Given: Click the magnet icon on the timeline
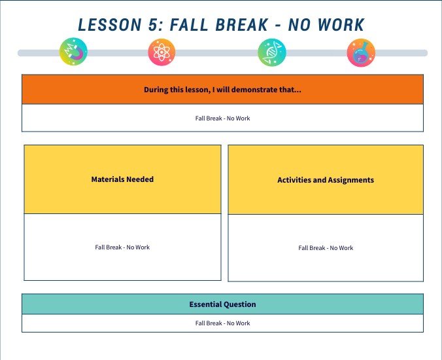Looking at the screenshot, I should tap(73, 52).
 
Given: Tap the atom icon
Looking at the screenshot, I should tap(162, 52).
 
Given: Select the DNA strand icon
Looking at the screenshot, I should tap(271, 52).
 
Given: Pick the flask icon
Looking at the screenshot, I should tap(361, 52).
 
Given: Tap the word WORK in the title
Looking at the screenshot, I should tap(341, 25).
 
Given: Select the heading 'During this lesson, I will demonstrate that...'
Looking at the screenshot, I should tap(222, 90).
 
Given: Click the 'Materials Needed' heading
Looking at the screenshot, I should tap(122, 179).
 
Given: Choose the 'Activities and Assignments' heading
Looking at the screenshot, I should tap(326, 180).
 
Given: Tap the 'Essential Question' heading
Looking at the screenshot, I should tap(222, 304).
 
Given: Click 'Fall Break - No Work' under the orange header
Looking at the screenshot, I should tap(222, 118).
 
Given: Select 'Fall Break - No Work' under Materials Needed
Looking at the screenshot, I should tap(122, 247).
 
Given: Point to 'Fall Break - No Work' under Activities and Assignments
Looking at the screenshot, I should tap(326, 248).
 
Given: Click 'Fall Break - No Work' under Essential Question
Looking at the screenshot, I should tap(222, 323).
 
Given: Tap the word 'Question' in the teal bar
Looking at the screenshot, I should tap(239, 304).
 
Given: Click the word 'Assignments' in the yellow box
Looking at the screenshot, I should tap(350, 180).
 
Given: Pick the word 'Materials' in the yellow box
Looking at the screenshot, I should tap(107, 179).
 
